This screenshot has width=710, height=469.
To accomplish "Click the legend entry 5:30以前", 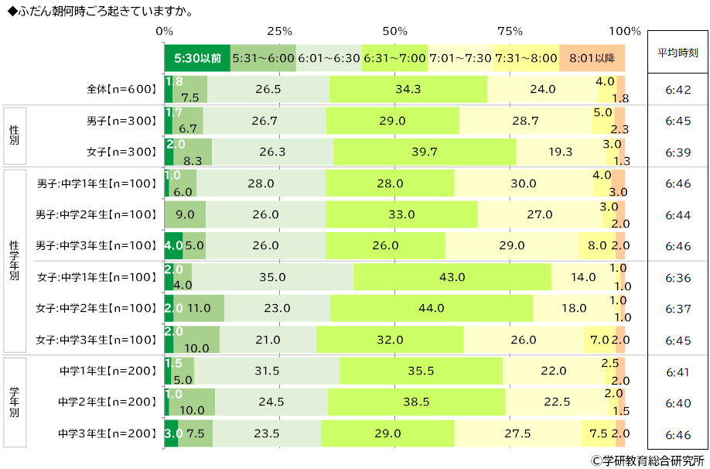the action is coord(197,58).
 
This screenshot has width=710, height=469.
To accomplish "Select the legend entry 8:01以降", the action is coord(592,58).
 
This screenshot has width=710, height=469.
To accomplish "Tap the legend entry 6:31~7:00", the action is coord(395,58).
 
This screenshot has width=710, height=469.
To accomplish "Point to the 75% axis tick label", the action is coord(510,31).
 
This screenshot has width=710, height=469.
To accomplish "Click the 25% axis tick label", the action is coord(279,31).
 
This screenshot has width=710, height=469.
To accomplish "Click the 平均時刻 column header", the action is coord(678,53).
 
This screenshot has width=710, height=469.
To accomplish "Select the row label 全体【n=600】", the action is coord(121,89).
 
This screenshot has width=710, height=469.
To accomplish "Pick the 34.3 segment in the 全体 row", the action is coord(408,89).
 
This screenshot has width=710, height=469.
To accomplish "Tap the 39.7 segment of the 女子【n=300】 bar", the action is coord(425,152).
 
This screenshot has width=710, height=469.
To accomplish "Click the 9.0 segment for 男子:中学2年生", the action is coord(185,214).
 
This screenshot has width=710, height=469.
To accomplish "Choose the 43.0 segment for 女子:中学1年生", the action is coord(452,277).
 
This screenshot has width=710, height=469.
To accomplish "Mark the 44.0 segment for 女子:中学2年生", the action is coord(432,308).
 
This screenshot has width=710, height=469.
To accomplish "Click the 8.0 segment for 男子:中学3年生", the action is coord(597,245).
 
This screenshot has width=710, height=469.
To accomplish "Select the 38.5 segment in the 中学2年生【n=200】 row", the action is coord(417,402).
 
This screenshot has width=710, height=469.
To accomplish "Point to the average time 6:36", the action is coord(678,278).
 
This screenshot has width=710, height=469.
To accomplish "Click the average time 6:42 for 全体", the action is coord(678,90).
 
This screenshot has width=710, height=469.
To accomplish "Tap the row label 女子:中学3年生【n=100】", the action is coord(96,340).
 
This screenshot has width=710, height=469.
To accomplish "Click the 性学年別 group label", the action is coord(15,261).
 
